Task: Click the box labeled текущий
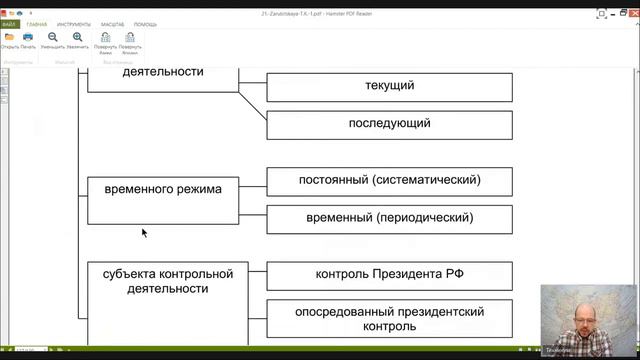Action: (x=389, y=86)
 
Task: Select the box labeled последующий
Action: (x=389, y=124)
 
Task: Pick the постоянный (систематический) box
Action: (x=389, y=181)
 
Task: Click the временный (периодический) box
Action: (x=389, y=218)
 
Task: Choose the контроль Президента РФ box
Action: (x=389, y=275)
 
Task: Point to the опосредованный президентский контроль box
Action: (x=389, y=318)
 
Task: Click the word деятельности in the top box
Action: (x=163, y=72)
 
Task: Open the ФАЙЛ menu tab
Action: (x=10, y=24)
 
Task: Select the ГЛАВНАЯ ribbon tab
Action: (x=36, y=24)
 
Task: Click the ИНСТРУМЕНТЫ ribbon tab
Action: (x=73, y=24)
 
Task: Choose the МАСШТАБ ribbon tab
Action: (x=112, y=24)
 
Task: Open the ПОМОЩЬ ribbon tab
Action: (x=146, y=24)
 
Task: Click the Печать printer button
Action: (x=27, y=39)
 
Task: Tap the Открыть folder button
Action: (x=9, y=39)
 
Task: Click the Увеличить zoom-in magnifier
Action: (x=77, y=39)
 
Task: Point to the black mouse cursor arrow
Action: (x=144, y=232)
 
